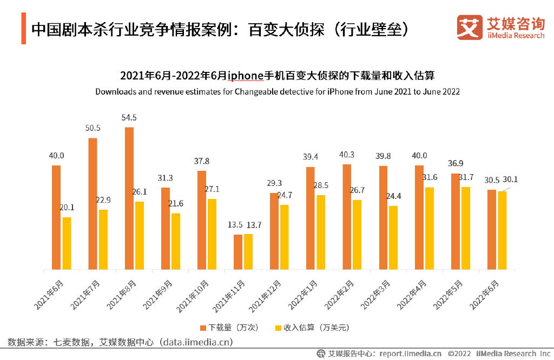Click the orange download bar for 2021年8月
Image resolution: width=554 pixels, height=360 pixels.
click(129, 198)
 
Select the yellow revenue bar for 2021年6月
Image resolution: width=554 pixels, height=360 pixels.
click(67, 243)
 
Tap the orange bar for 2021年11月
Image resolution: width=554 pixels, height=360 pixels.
click(238, 251)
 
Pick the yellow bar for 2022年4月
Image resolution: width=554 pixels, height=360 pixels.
click(430, 228)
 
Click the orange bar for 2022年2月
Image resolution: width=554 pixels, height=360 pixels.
click(347, 216)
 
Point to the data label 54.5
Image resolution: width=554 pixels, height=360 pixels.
click(129, 117)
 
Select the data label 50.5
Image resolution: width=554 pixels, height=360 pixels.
click(93, 128)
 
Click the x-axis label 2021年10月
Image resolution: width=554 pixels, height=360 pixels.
click(193, 296)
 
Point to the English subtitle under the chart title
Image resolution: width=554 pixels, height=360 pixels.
click(278, 91)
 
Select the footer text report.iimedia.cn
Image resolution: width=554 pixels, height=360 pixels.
click(410, 354)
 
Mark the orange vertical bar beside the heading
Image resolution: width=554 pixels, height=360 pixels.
click(24, 28)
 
